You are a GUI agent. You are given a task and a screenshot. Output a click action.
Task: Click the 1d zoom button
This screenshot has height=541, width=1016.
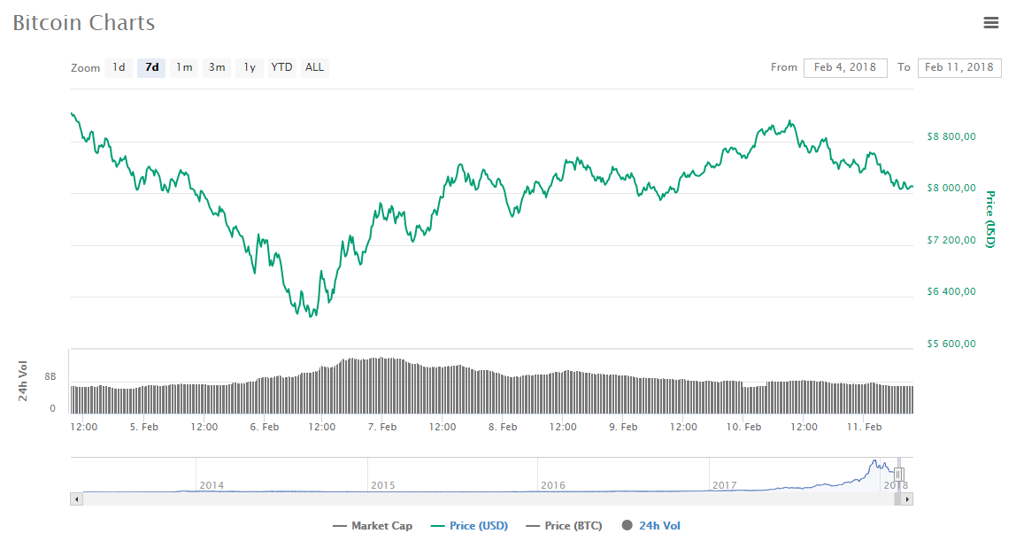click(x=119, y=67)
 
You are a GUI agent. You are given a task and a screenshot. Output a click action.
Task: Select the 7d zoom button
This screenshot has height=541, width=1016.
click(x=151, y=67)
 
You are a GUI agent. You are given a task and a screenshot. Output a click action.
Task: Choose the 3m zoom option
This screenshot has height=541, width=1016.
click(x=217, y=67)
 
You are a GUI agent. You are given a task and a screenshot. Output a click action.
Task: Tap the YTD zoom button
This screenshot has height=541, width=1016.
click(x=281, y=67)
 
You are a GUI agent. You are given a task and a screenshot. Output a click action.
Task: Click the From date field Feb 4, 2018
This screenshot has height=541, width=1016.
click(x=844, y=67)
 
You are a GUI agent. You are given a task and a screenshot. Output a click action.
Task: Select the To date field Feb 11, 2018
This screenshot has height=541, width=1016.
click(x=958, y=67)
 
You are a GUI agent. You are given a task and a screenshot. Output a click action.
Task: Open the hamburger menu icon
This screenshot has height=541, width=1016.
click(x=991, y=23)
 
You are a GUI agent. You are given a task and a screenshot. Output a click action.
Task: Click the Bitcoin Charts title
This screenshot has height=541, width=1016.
click(x=84, y=23)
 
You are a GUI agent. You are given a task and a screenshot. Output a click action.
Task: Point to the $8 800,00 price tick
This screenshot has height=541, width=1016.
click(x=951, y=136)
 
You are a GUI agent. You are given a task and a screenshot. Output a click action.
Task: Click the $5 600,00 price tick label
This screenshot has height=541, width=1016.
click(x=951, y=344)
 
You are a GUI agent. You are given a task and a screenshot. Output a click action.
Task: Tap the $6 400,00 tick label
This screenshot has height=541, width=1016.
click(x=951, y=291)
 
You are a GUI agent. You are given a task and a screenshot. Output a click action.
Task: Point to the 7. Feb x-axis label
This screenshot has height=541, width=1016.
click(x=381, y=427)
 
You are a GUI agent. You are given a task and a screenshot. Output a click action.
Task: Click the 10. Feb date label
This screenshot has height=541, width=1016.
click(x=743, y=427)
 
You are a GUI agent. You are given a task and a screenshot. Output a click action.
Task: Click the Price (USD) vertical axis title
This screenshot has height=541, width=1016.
click(x=991, y=219)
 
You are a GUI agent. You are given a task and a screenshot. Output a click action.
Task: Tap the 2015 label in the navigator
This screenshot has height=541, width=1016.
click(x=383, y=485)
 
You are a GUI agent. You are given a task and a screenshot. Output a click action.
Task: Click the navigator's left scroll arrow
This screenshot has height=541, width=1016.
click(x=76, y=499)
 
